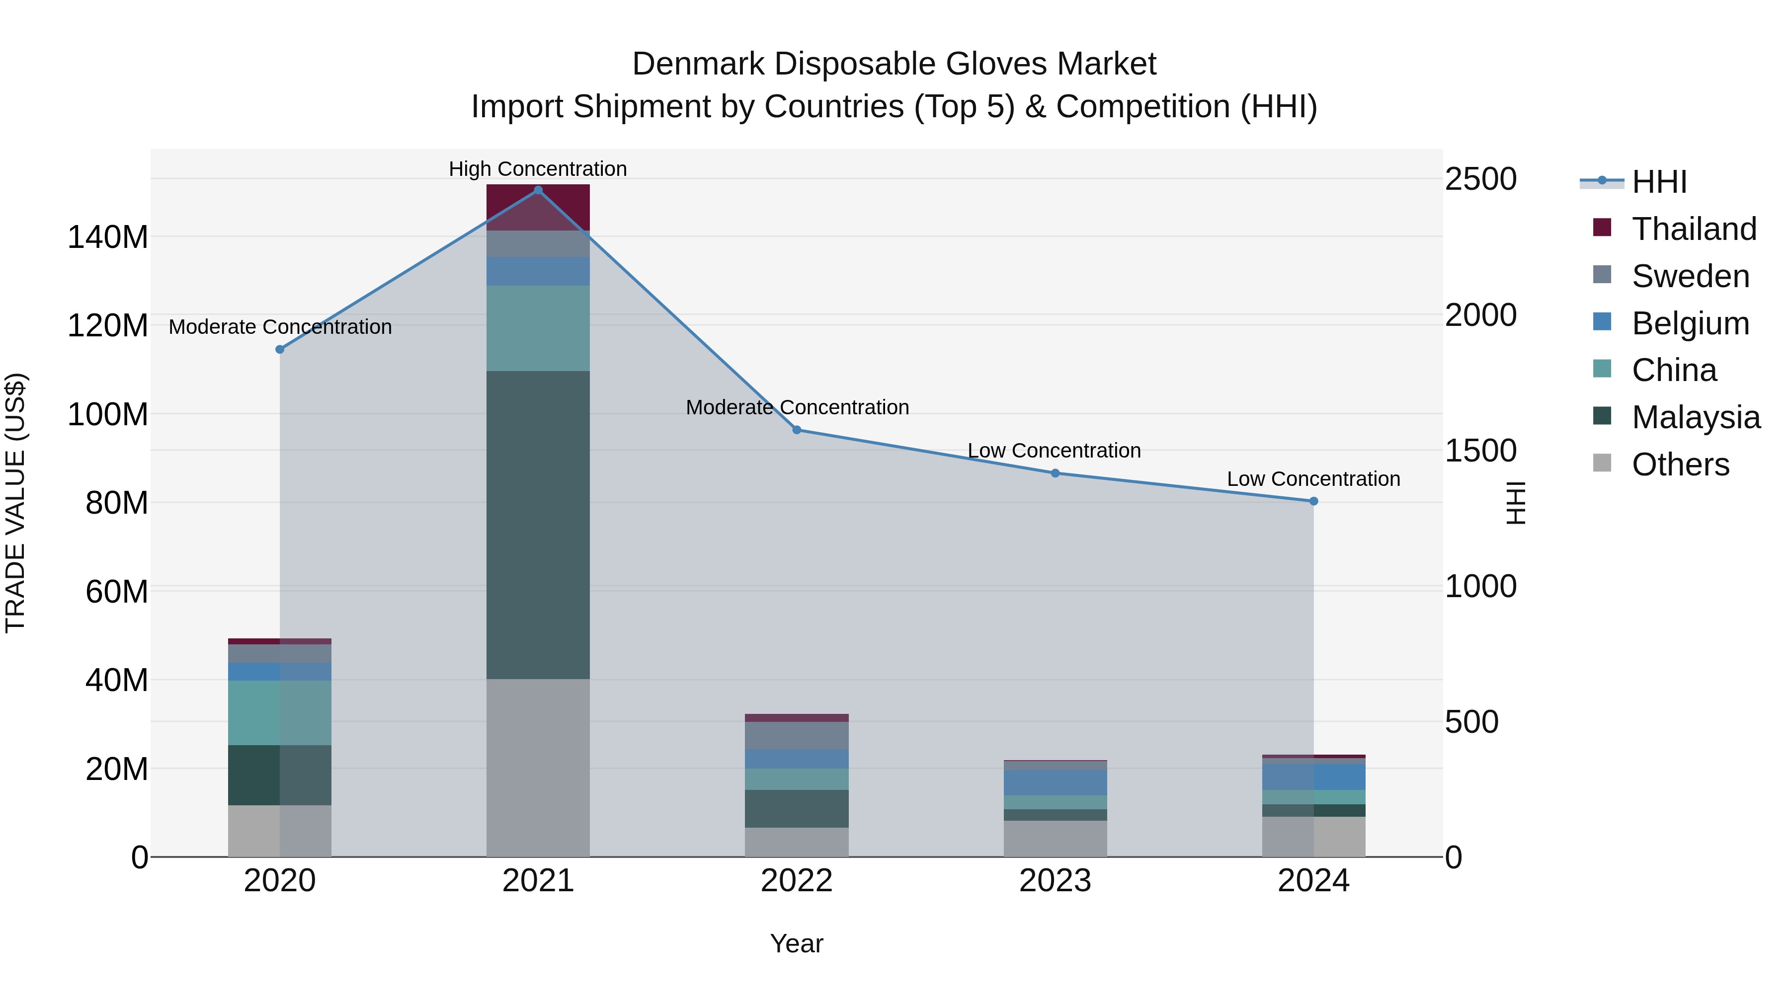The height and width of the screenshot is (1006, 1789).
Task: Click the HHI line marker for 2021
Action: pyautogui.click(x=538, y=190)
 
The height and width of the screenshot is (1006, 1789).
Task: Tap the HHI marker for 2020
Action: pyautogui.click(x=280, y=349)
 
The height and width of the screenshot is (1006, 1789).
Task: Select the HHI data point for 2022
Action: pyautogui.click(x=797, y=430)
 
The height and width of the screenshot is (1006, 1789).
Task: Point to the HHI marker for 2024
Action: pyautogui.click(x=1313, y=501)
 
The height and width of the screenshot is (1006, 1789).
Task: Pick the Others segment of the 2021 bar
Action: pyautogui.click(x=538, y=767)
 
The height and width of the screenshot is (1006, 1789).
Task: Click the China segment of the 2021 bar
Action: pyautogui.click(x=538, y=328)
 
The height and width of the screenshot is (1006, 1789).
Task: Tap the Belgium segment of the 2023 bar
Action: pyautogui.click(x=1055, y=782)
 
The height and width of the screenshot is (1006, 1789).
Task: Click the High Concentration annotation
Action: pyautogui.click(x=538, y=169)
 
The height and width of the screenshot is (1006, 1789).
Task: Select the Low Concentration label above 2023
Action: pyautogui.click(x=1054, y=451)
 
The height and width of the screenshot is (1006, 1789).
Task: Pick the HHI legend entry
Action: pyautogui.click(x=1658, y=182)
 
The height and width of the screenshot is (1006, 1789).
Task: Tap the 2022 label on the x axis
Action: pyautogui.click(x=797, y=881)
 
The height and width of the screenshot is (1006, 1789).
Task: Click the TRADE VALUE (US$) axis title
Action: pyautogui.click(x=15, y=503)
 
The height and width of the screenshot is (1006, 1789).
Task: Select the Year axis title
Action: pyautogui.click(x=797, y=943)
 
